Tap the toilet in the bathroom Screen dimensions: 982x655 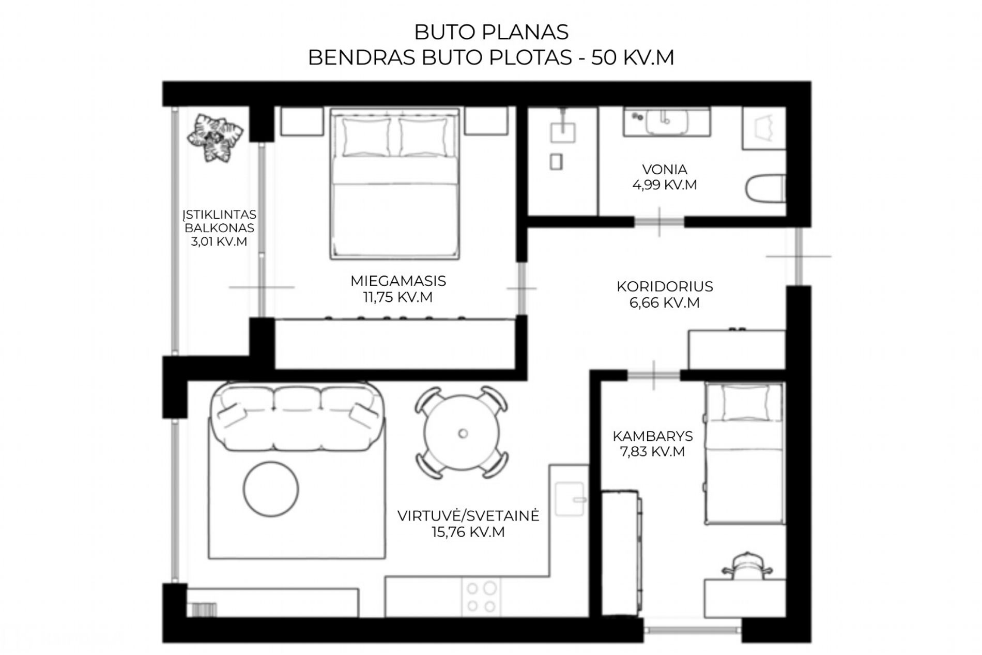pos(766,188)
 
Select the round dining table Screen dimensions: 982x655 pos(463,433)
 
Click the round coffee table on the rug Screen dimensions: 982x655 pos(271,489)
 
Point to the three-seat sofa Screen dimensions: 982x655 pos(297,416)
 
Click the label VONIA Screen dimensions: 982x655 pos(664,170)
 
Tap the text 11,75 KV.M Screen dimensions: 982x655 pos(398,297)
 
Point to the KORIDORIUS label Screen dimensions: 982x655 pos(665,286)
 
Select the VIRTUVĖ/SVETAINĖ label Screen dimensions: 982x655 pos(468,516)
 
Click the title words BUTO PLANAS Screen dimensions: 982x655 pos(491,32)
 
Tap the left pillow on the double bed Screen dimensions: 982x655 pos(366,137)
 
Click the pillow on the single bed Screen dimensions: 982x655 pos(745,403)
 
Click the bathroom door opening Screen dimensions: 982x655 pos(659,222)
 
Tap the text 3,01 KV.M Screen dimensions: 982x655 pos(219,241)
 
